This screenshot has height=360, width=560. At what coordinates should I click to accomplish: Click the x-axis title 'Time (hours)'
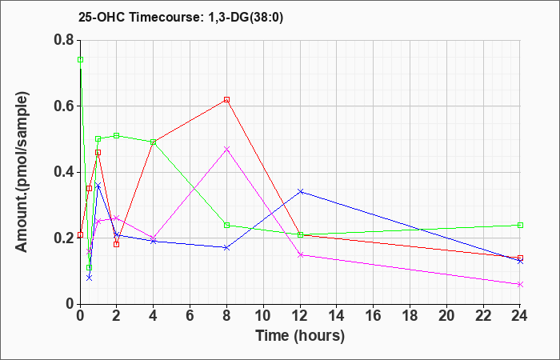pos(300,336)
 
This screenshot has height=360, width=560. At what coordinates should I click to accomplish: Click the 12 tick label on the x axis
pos(300,314)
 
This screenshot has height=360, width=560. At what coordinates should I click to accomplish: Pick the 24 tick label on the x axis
pos(520,314)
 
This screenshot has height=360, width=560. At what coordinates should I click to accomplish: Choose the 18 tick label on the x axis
pos(410,314)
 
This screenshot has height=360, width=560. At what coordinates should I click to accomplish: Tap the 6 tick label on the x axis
pos(190,314)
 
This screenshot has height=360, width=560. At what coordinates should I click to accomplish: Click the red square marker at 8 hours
pos(227,99)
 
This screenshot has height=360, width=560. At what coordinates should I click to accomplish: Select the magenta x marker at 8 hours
pos(227,149)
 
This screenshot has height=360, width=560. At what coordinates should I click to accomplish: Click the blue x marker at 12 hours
pos(300,191)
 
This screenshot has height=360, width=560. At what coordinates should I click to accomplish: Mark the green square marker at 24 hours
pos(520,225)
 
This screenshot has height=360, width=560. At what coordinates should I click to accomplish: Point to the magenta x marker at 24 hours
pos(520,284)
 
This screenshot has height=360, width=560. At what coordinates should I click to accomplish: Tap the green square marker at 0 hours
pos(80,59)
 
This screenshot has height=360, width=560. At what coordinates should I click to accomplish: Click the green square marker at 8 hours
pos(227,225)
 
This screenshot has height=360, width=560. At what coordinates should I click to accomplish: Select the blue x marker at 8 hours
pos(227,248)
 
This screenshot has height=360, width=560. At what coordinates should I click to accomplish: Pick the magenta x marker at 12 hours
pos(300,254)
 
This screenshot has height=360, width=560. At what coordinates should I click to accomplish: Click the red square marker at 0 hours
pos(80,234)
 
